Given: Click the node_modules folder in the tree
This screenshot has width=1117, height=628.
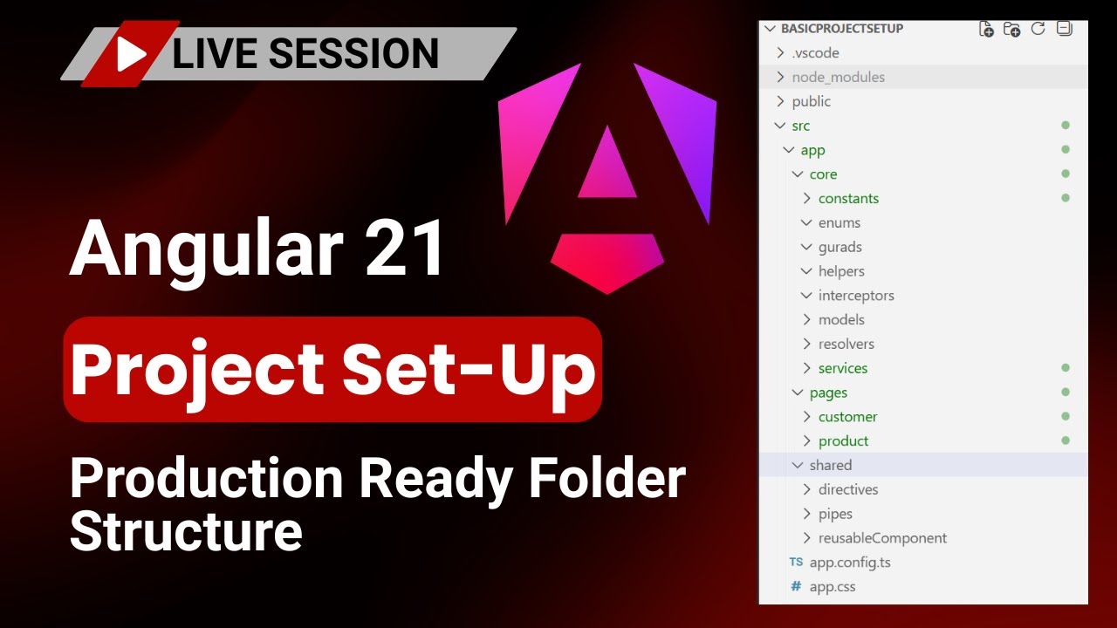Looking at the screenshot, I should [x=838, y=77].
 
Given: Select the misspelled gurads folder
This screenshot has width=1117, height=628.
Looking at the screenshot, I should [x=839, y=247].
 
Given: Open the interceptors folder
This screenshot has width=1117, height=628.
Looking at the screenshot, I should [x=855, y=296].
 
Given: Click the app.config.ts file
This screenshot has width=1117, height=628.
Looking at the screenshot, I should [x=849, y=563].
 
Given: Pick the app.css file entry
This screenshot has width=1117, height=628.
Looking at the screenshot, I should [x=832, y=587].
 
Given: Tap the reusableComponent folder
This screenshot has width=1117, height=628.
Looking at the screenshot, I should [x=881, y=538].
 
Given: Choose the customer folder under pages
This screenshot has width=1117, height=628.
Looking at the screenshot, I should [x=847, y=417].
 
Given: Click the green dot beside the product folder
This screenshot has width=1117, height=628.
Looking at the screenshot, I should [x=1065, y=440].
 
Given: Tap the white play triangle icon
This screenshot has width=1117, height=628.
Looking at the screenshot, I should [x=131, y=54].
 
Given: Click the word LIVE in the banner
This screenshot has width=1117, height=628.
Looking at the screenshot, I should [x=210, y=54].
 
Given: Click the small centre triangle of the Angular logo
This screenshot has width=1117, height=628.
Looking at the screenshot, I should [x=607, y=167].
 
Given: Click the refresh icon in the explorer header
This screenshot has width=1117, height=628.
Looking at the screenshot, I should [x=1038, y=29].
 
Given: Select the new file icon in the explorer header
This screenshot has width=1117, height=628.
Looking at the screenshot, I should [x=986, y=29].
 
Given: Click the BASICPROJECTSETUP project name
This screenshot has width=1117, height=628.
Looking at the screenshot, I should [x=841, y=29].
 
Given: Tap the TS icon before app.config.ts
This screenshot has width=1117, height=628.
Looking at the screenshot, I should [x=795, y=563].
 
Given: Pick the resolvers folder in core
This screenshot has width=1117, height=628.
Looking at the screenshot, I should [x=846, y=344].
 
